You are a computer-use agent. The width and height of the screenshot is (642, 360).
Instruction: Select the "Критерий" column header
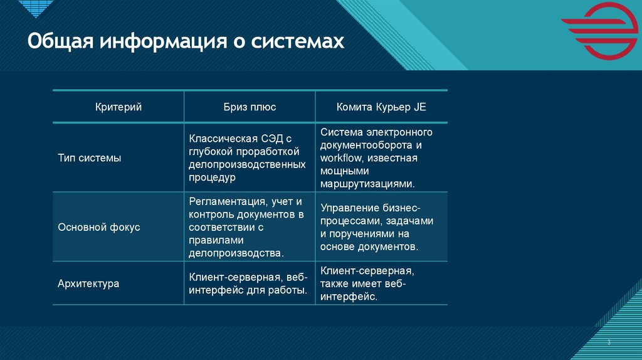click(x=118, y=107)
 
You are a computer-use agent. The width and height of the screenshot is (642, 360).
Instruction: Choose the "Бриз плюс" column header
click(x=250, y=107)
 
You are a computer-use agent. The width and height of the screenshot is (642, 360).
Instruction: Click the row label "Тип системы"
click(x=90, y=158)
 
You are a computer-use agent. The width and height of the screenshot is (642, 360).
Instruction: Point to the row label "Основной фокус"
click(x=98, y=227)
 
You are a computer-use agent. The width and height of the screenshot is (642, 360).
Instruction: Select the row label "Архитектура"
click(x=88, y=283)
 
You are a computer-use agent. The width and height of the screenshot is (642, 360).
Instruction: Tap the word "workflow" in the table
click(x=341, y=158)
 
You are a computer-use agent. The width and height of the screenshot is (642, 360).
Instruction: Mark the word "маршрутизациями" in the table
click(x=367, y=184)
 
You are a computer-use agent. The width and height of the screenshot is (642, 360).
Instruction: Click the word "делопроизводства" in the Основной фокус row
click(x=235, y=253)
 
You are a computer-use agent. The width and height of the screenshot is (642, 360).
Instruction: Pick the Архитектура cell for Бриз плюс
click(x=248, y=283)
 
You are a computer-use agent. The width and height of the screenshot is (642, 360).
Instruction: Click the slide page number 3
click(x=608, y=342)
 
